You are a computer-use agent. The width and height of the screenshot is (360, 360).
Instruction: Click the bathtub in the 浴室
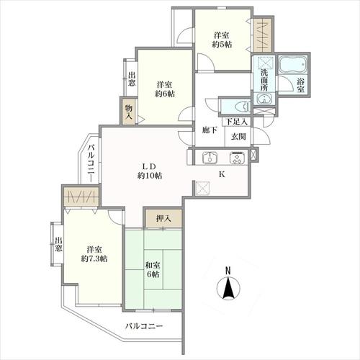294,65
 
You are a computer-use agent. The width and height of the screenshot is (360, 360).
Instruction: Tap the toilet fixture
243,107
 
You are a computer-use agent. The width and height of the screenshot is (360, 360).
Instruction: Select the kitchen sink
210,158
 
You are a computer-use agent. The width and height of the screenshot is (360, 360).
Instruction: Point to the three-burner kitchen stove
238,158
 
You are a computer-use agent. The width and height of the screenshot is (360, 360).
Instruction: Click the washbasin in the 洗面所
263,99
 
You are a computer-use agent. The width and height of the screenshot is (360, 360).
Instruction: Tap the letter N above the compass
228,271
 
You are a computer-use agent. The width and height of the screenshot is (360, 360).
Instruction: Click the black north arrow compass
228,287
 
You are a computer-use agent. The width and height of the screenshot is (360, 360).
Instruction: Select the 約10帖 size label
150,176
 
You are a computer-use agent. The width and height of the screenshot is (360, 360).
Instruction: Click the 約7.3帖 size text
94,258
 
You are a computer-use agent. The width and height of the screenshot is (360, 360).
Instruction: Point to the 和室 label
153,265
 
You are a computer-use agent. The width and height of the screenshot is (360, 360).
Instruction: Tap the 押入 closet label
163,218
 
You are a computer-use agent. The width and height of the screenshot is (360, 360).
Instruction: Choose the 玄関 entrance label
238,137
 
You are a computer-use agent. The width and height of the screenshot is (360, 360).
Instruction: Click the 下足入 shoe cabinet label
237,122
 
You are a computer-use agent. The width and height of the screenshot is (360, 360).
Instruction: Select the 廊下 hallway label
210,130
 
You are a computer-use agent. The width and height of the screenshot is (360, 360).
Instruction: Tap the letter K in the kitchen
222,174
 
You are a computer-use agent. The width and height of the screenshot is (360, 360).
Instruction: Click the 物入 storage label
129,112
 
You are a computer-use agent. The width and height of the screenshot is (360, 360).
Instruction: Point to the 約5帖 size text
222,45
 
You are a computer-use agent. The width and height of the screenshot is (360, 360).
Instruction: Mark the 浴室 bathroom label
300,86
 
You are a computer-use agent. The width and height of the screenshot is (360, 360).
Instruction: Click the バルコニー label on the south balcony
144,326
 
